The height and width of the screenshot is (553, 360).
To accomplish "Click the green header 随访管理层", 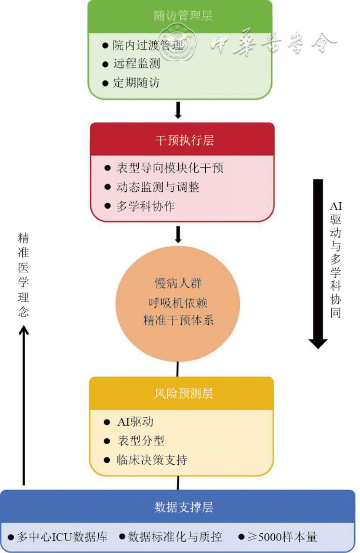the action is pos(183,16).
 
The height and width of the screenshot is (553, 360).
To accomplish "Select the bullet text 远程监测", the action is pos(137,64).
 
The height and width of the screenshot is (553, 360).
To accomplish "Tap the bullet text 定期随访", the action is pos(136,83).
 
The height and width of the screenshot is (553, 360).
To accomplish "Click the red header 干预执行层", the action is pos(184,141).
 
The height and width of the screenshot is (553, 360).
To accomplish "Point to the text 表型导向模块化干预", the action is pos(170,168).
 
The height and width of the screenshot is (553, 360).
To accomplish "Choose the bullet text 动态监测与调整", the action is pos(158,187).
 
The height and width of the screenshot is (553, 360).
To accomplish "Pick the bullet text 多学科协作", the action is pos(146,206).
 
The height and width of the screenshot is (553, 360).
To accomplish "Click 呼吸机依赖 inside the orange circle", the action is pos(178,303).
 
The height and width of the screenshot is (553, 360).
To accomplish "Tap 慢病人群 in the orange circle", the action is pos(178,283).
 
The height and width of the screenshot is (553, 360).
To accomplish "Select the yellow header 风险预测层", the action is pos(184,393).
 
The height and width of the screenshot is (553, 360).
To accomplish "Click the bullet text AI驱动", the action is pos(136,422).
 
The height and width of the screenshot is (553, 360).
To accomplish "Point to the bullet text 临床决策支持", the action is pos(152,460).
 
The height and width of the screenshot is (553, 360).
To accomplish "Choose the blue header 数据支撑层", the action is pos(184,507).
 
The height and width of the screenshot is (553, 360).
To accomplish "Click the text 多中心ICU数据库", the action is pos(62,537).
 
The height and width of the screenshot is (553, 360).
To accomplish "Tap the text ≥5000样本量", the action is pos(282,537).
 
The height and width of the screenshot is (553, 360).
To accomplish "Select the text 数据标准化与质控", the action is pos(175,537).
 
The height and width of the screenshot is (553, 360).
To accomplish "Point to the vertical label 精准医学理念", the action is pos(24,274).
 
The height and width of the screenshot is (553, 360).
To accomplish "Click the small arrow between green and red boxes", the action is pos(178,110).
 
